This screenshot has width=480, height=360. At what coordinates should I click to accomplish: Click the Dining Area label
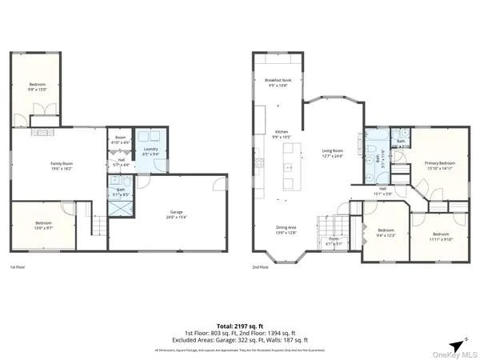286,230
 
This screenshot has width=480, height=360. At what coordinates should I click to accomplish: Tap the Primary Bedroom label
439,166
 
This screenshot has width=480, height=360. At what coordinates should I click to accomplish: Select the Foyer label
334,241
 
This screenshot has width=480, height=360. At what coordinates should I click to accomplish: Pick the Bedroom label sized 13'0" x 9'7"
45,225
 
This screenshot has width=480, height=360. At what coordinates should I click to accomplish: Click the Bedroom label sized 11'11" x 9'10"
441,234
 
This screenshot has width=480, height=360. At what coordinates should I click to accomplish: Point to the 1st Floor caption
18,267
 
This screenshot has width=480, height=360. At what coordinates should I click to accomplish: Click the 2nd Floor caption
261,267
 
